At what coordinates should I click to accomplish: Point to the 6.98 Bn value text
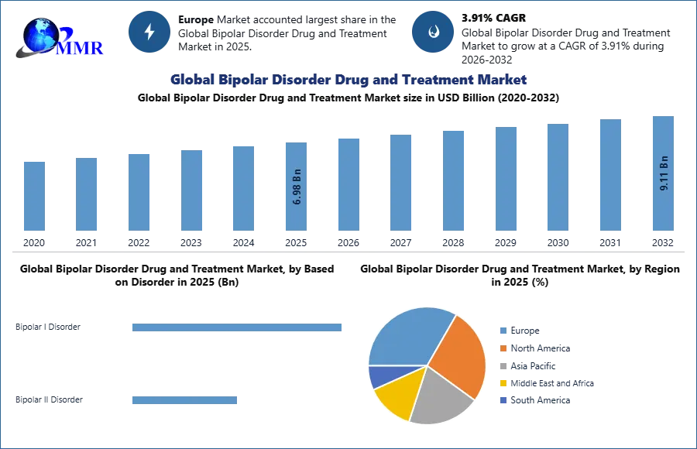[297, 187]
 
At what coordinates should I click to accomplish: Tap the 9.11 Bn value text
[664, 173]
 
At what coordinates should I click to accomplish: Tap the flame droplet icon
[433, 32]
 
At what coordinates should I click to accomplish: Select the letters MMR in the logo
[79, 48]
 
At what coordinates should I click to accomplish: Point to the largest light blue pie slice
[407, 337]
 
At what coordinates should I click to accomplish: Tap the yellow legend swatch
[503, 384]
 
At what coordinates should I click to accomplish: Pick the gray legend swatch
[503, 366]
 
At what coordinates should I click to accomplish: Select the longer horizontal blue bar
[238, 328]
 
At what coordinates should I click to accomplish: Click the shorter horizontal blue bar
[186, 402]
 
